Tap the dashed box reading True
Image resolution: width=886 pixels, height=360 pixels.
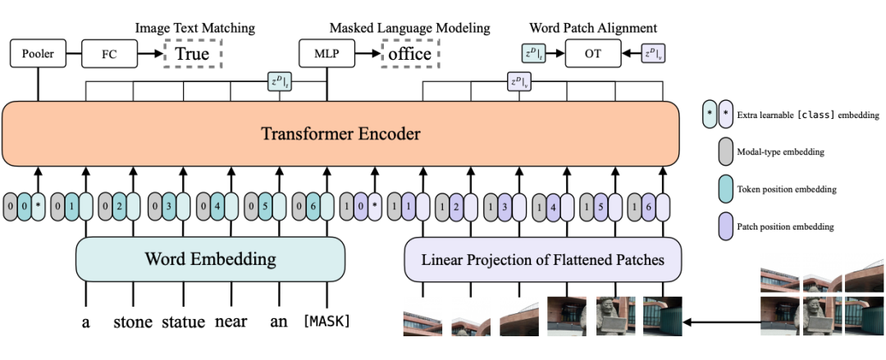194,54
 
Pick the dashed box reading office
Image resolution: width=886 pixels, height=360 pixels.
410,54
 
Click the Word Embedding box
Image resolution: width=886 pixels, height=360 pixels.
210,259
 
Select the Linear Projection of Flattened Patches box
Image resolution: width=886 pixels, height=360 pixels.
543,260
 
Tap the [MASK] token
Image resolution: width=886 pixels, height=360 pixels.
327,321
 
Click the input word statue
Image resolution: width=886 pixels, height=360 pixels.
183,321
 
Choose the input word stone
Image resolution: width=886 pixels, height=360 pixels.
131,321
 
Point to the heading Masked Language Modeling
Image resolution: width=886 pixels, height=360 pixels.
409,28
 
